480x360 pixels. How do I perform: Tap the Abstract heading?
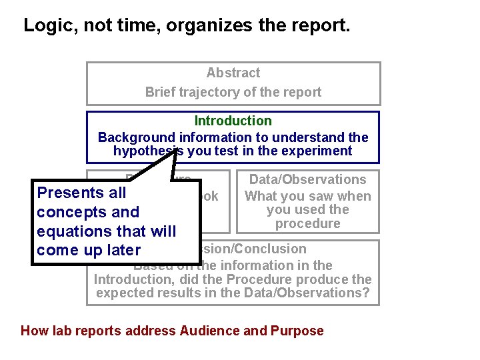pyautogui.click(x=233, y=73)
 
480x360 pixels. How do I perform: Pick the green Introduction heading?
pyautogui.click(x=233, y=121)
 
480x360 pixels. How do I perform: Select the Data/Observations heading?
pyautogui.click(x=307, y=179)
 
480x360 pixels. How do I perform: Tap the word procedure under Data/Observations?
pyautogui.click(x=307, y=223)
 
